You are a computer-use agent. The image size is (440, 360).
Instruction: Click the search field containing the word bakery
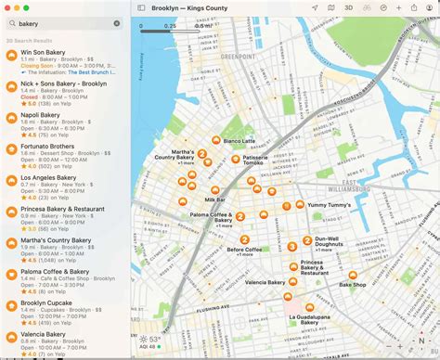click(x=65, y=23)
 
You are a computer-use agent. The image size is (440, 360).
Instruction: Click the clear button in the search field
click(x=117, y=23)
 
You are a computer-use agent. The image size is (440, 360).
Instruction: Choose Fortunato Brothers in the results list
click(x=47, y=145)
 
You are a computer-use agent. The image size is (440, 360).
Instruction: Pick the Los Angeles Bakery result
click(x=48, y=176)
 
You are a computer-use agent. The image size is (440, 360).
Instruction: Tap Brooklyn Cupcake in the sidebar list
click(x=46, y=302)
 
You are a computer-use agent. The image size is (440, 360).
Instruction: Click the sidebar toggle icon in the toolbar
click(x=141, y=7)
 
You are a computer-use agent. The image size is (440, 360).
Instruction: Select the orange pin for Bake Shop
click(x=353, y=275)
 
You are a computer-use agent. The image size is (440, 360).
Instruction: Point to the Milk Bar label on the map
click(x=216, y=199)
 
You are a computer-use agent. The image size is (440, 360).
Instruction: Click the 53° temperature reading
click(x=154, y=340)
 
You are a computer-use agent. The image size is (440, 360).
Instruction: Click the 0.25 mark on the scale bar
click(x=170, y=25)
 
